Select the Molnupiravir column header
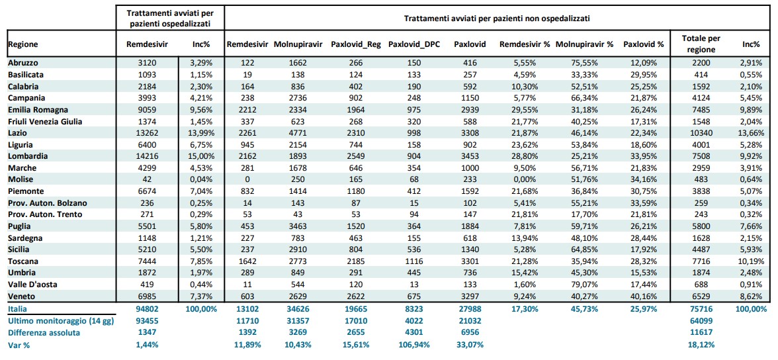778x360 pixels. pos(298,44)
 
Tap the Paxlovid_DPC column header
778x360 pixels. pos(413,44)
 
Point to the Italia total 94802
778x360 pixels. pos(148,309)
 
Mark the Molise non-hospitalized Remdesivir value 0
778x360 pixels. pos(247,179)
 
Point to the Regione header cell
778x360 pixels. pos(22,44)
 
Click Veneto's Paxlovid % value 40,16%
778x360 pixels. pos(643,296)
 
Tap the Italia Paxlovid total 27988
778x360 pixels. pos(466,309)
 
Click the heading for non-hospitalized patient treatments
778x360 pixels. pos(497,19)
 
